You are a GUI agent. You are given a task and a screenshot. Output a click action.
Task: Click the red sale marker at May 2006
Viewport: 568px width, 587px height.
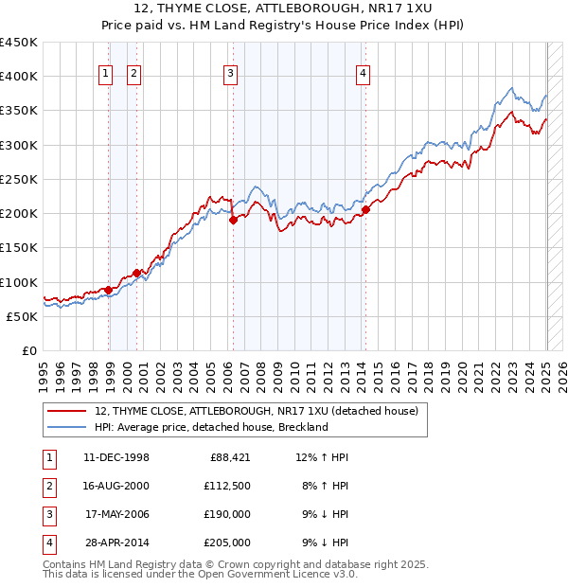pyautogui.click(x=233, y=221)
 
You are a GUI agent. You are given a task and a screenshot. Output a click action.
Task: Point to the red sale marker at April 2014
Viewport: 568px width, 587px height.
pyautogui.click(x=365, y=210)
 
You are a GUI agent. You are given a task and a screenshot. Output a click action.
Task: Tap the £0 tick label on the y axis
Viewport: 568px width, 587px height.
pyautogui.click(x=27, y=350)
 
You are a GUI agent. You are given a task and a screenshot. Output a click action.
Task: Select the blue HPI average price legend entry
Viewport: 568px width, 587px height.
pyautogui.click(x=210, y=427)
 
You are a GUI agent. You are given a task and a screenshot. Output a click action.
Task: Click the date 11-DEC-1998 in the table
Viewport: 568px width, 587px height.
pyautogui.click(x=115, y=458)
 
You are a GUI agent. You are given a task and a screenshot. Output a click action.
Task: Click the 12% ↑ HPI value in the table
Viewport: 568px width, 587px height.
pyautogui.click(x=322, y=458)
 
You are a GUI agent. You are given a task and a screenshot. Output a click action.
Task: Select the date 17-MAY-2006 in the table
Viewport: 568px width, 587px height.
pyautogui.click(x=116, y=514)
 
